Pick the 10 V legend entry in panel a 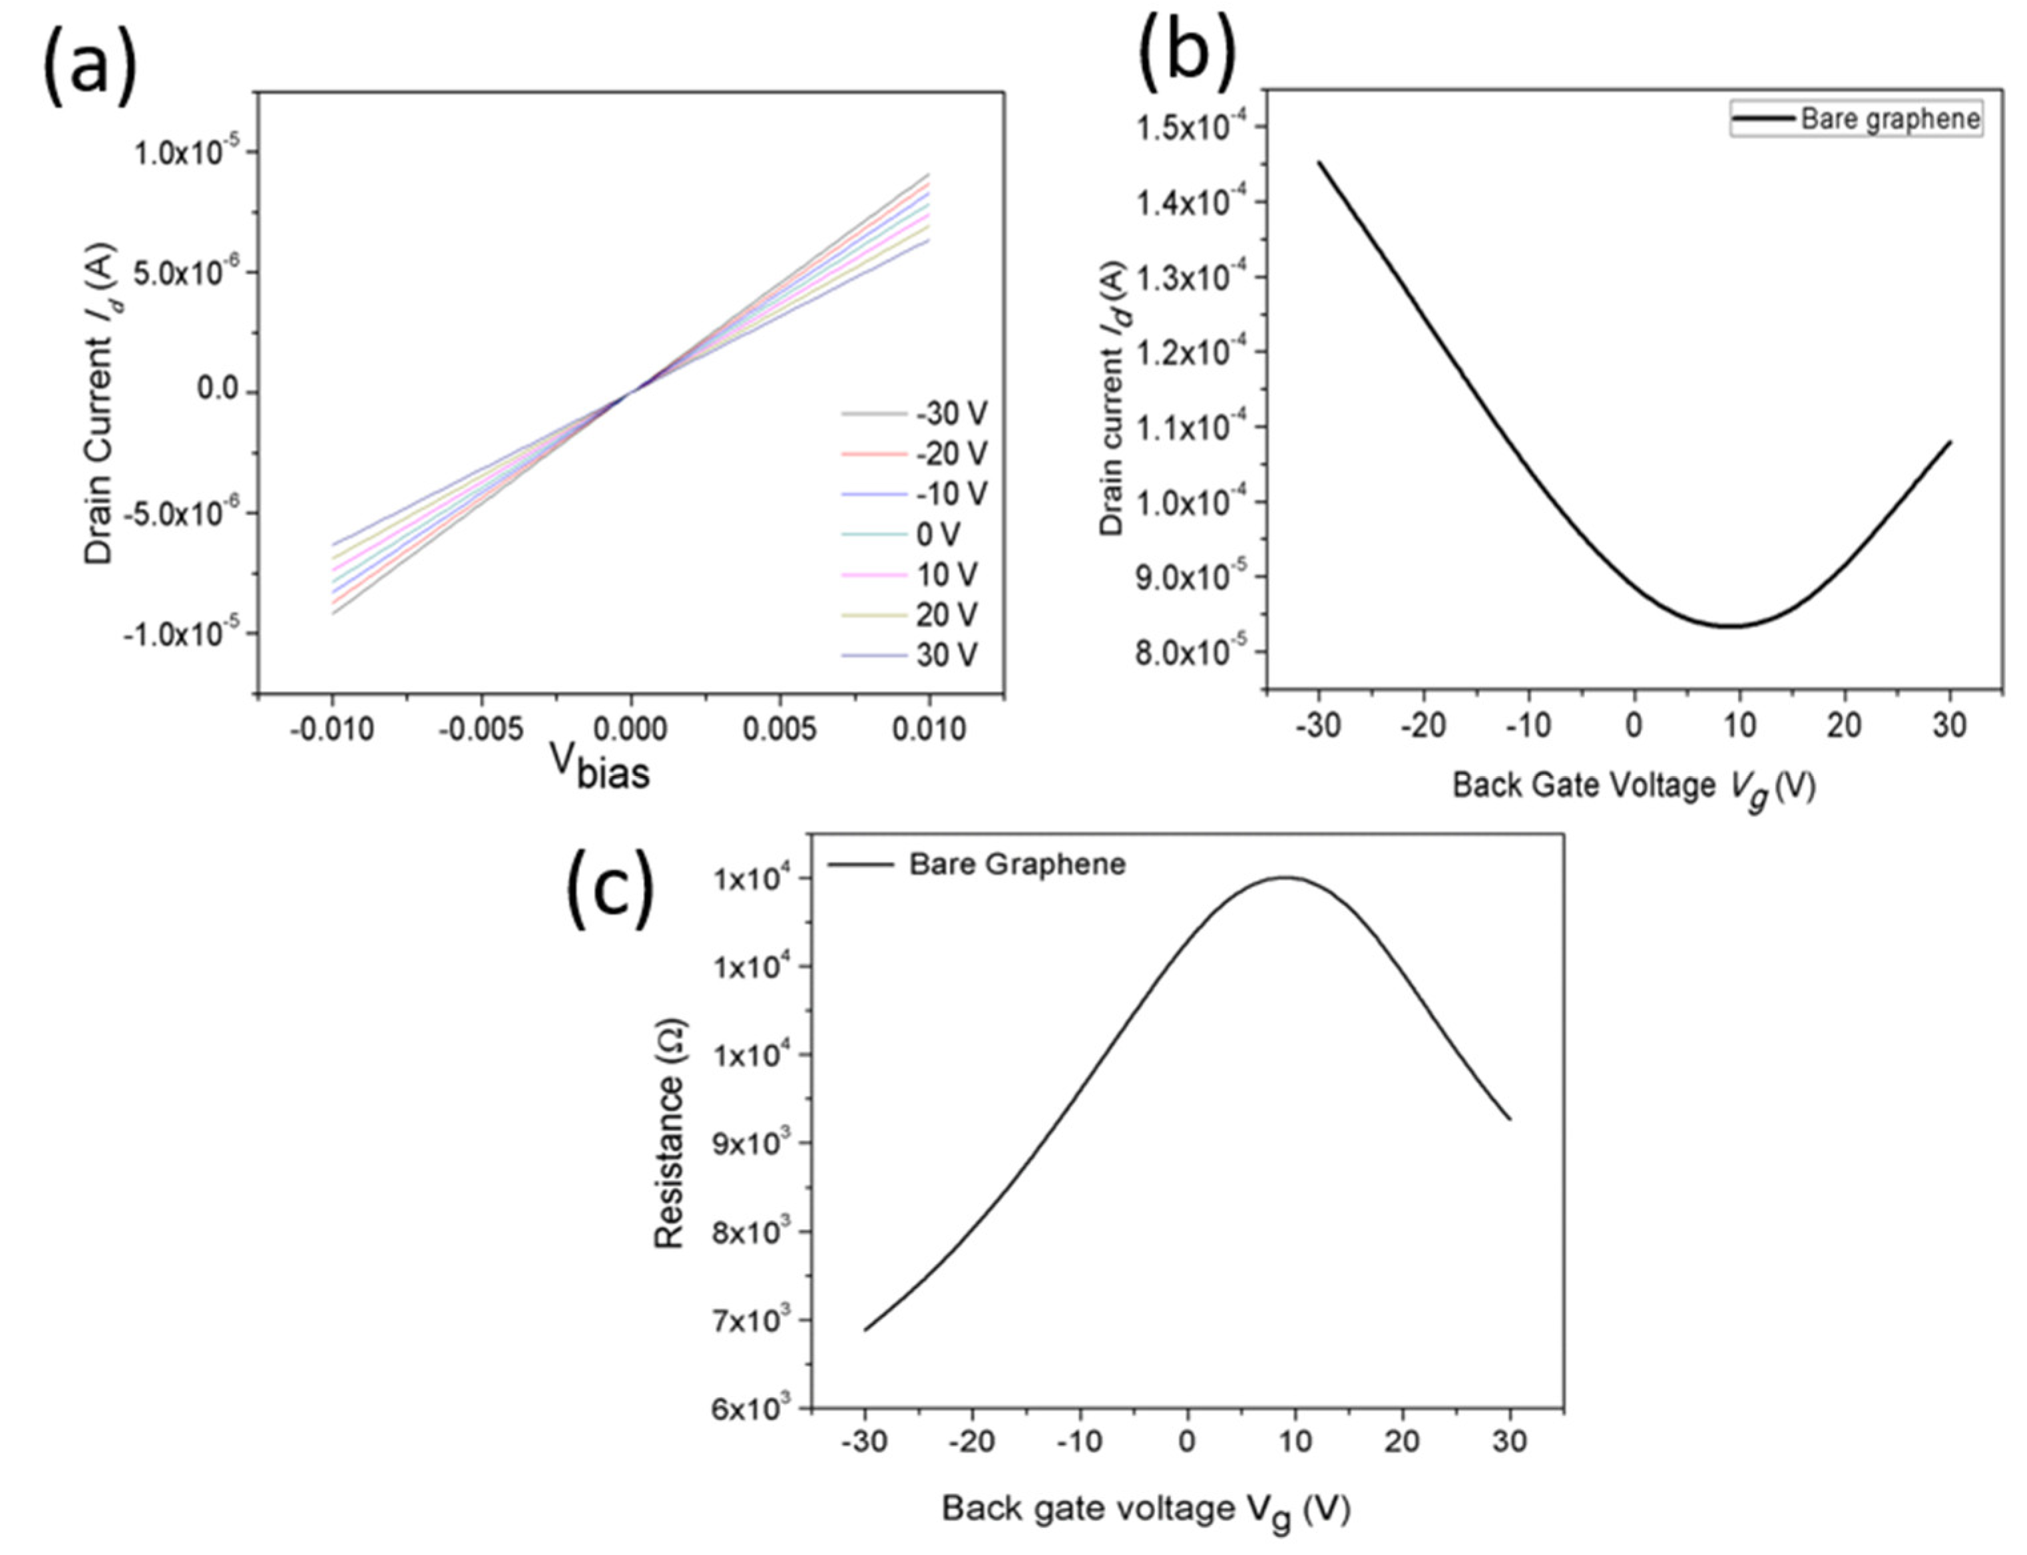pyautogui.click(x=946, y=574)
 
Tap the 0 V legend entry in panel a pyautogui.click(x=937, y=534)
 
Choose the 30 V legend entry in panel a pyautogui.click(x=946, y=655)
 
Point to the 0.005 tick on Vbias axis pyautogui.click(x=780, y=730)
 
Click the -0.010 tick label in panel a pyautogui.click(x=332, y=730)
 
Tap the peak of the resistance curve pyautogui.click(x=1285, y=877)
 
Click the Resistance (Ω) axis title pyautogui.click(x=669, y=1134)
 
